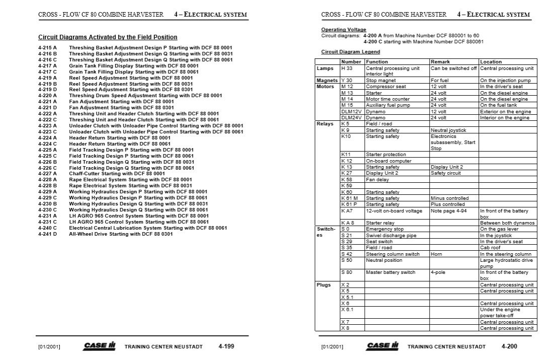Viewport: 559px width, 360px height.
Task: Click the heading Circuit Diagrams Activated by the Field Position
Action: click(108, 37)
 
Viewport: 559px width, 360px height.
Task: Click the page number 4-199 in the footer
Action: click(226, 346)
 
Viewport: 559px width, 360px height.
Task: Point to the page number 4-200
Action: click(509, 346)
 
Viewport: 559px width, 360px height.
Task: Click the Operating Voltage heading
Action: click(344, 30)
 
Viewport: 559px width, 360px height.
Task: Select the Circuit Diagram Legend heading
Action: click(350, 52)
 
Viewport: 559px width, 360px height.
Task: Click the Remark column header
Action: click(440, 62)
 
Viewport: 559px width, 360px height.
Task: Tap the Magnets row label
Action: click(327, 81)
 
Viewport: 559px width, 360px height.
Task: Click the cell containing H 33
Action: click(347, 68)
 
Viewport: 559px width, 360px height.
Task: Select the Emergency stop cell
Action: click(385, 229)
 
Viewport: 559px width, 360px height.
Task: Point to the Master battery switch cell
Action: click(390, 272)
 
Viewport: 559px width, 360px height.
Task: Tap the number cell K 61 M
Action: click(349, 198)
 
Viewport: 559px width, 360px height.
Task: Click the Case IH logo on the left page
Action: click(100, 346)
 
